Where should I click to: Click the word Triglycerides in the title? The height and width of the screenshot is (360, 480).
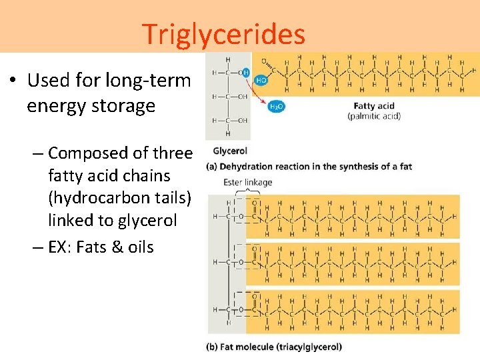pyautogui.click(x=223, y=34)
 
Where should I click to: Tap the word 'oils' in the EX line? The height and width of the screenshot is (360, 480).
pyautogui.click(x=141, y=247)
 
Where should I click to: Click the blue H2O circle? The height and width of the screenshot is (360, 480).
pyautogui.click(x=275, y=107)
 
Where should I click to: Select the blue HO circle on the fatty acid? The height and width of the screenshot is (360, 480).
pyautogui.click(x=262, y=79)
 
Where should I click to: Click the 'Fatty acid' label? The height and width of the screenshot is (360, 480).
pyautogui.click(x=374, y=106)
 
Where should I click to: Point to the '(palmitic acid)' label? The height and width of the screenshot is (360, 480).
pyautogui.click(x=374, y=116)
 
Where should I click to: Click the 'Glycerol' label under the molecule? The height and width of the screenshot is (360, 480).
pyautogui.click(x=230, y=151)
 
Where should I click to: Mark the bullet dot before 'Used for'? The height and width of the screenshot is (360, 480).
pyautogui.click(x=13, y=81)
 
